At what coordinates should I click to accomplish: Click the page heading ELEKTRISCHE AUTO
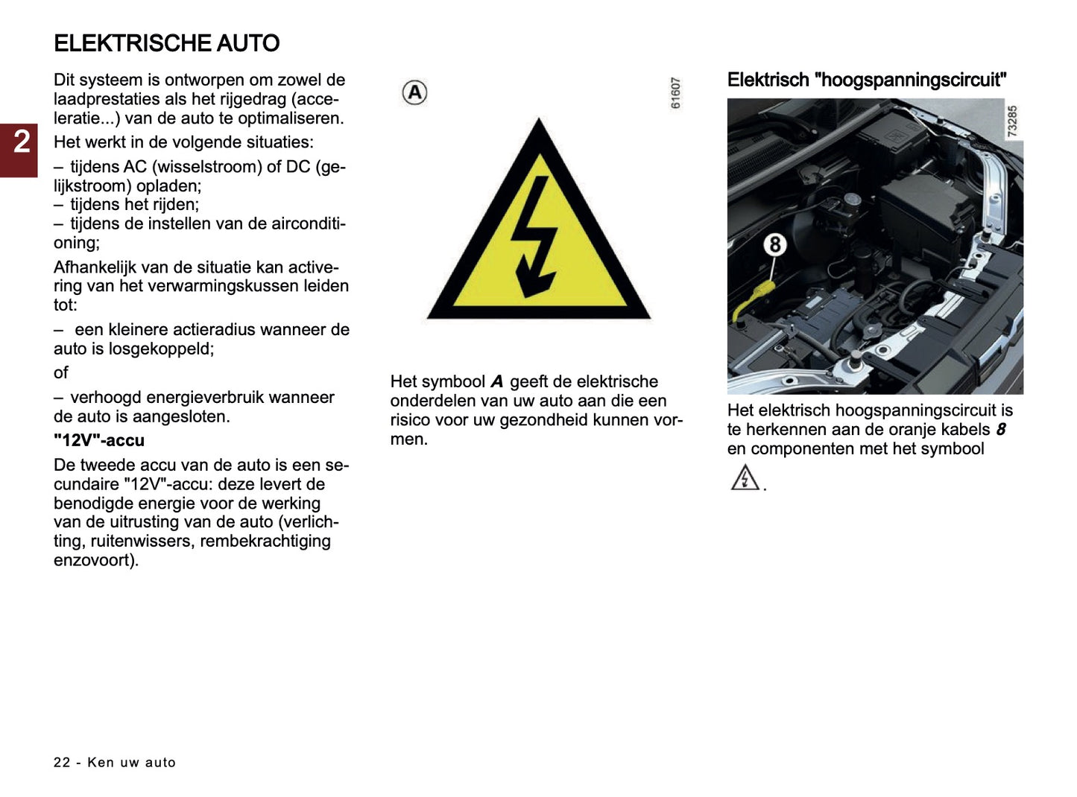[166, 43]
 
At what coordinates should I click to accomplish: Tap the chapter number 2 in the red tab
[22, 142]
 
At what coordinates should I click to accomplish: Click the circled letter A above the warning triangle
[414, 93]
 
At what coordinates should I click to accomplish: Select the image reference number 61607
[675, 93]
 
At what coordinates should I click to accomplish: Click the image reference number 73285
[1012, 121]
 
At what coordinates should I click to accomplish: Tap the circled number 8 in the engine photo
[775, 244]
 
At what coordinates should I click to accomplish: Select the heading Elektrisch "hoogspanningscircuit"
[866, 80]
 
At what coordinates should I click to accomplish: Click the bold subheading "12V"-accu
[98, 440]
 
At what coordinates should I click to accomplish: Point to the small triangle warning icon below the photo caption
[745, 478]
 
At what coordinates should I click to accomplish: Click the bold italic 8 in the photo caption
[1000, 430]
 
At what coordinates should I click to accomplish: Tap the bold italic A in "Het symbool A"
[496, 382]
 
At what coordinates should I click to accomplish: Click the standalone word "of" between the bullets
[60, 372]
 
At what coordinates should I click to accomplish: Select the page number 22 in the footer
[62, 762]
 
